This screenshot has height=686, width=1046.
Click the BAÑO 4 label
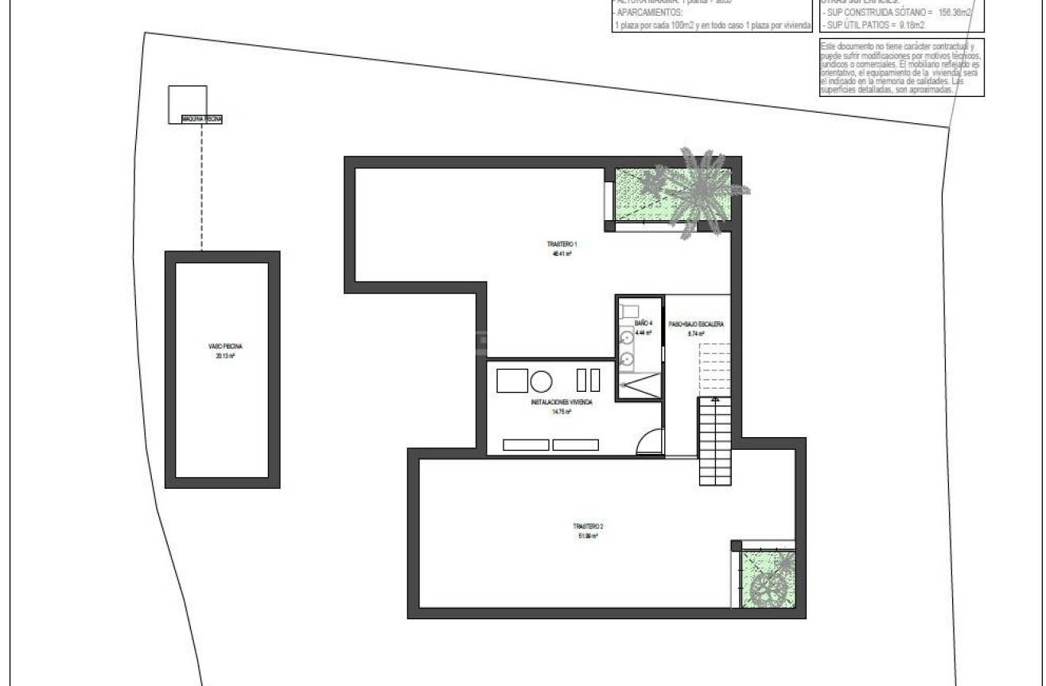[644, 324]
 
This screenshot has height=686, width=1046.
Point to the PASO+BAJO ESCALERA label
[696, 324]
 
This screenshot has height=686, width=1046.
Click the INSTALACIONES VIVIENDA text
[562, 403]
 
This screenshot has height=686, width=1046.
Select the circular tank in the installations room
[542, 381]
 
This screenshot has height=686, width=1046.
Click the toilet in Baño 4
[629, 309]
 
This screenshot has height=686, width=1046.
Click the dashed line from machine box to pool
[201, 187]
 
